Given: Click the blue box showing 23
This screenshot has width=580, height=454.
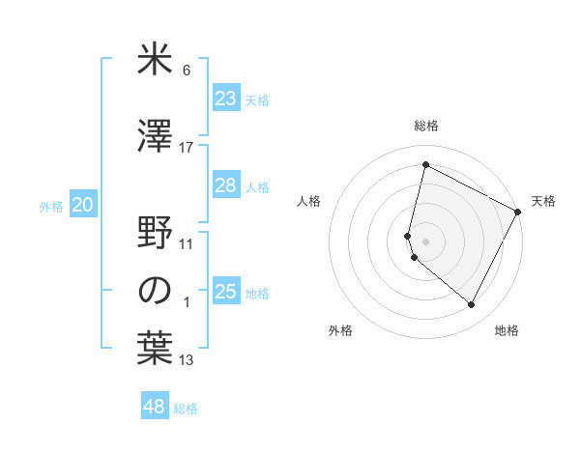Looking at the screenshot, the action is coord(226,99).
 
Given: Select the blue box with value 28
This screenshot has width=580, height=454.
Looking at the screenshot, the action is coord(226,185).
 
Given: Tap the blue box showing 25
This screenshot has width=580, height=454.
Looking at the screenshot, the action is coord(226,292).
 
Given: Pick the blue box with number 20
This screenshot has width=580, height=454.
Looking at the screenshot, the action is coord(83,205).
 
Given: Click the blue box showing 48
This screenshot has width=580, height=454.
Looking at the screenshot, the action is coord(155,407).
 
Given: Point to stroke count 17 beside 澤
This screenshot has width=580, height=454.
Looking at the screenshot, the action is coord(187,148).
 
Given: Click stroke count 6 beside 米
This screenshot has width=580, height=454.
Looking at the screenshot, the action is coord(187,71).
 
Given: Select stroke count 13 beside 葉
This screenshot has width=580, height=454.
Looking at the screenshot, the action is coord(187,361).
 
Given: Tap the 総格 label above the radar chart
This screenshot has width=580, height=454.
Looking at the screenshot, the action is coord(425,126).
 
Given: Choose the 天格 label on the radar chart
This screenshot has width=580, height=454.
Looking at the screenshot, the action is coord(543,201).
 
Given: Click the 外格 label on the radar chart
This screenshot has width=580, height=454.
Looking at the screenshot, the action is coord(340,331).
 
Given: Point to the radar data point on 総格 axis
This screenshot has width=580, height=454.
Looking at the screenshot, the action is coord(425,165).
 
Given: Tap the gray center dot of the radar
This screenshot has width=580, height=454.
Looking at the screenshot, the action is coord(425,240).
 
